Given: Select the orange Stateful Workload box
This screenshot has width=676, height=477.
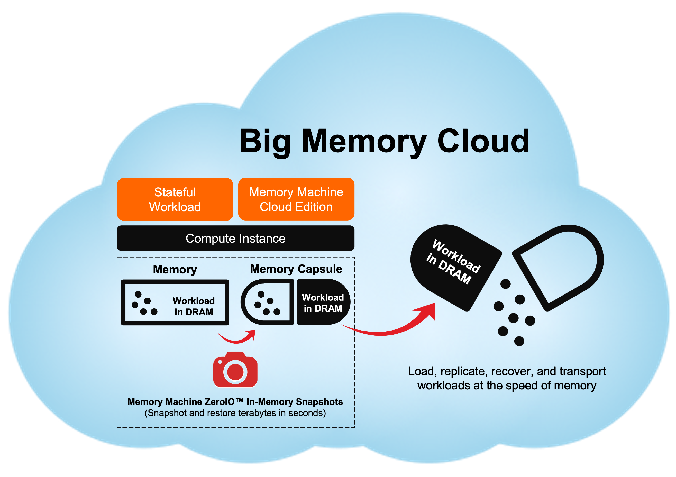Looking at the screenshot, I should coord(175,199).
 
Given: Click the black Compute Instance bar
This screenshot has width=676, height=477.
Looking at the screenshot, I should coord(235,238).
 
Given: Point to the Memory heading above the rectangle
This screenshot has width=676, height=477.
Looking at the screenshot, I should coord(175,269).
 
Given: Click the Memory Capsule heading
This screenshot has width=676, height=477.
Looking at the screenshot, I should coord(296,269).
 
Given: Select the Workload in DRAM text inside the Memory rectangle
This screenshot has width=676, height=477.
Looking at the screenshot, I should coord(194,306).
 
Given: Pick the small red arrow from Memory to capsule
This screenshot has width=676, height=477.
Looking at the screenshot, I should coord(235,339).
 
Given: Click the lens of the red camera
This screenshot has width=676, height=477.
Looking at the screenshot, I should coord(235,372).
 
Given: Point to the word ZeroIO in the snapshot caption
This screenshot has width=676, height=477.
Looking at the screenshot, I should coord(219,402).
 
